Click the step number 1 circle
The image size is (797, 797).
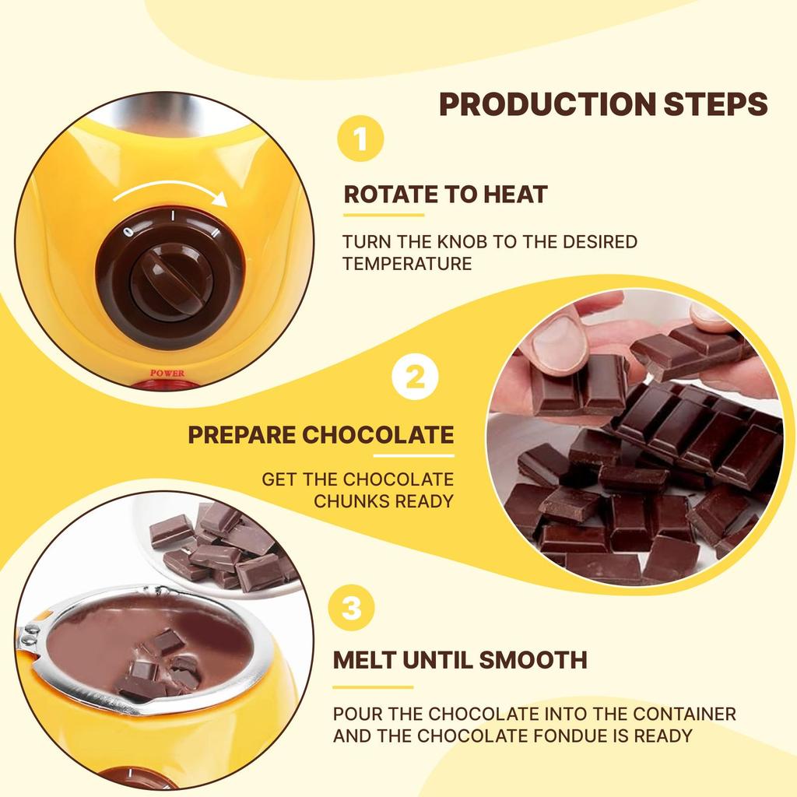[360, 141]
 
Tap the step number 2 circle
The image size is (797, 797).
[416, 378]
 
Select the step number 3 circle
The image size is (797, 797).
[352, 608]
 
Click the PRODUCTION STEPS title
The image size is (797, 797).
[603, 104]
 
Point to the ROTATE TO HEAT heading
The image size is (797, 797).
[445, 195]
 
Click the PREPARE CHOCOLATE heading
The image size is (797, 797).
[321, 434]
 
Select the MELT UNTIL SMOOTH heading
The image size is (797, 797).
[460, 660]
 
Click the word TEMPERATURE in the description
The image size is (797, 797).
[407, 264]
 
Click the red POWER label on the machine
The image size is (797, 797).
[167, 374]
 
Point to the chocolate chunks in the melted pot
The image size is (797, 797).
[160, 665]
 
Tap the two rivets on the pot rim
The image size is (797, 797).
[30, 634]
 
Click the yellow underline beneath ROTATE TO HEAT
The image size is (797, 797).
[384, 215]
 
